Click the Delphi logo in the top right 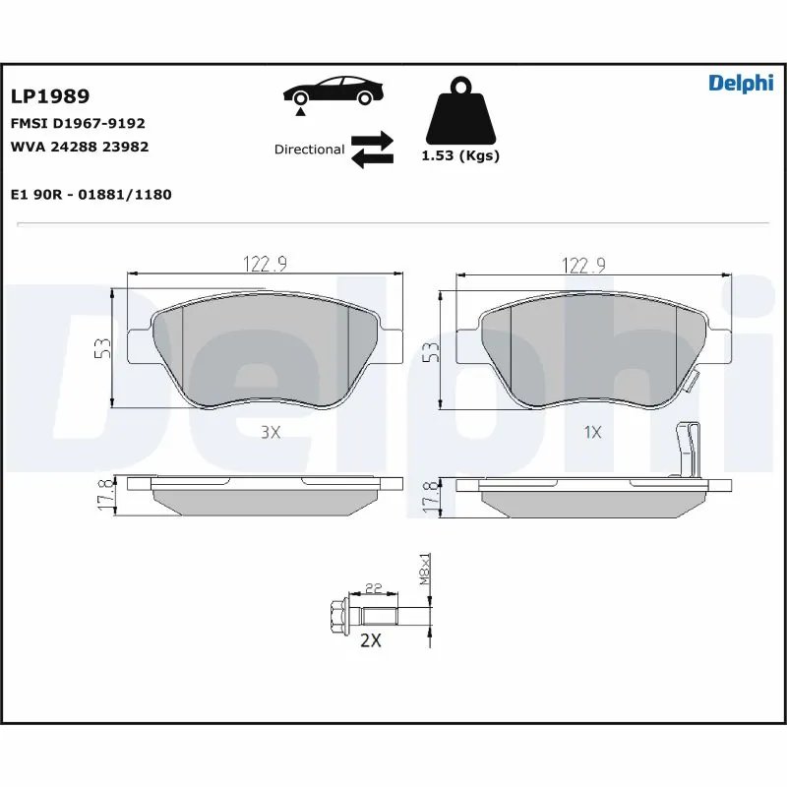[741, 84]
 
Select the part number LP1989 [50, 96]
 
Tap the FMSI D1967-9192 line [78, 124]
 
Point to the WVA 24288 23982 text [79, 147]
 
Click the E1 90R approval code [91, 195]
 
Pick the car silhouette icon [333, 91]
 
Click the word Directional [309, 150]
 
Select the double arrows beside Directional [372, 150]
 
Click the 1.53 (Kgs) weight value [459, 156]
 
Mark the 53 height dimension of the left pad [101, 347]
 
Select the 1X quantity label [592, 431]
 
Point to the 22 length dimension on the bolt [373, 588]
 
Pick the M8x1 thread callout [425, 570]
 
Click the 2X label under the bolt [370, 640]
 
